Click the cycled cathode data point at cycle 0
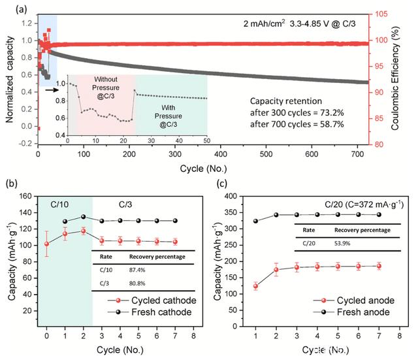[x=46, y=244]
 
